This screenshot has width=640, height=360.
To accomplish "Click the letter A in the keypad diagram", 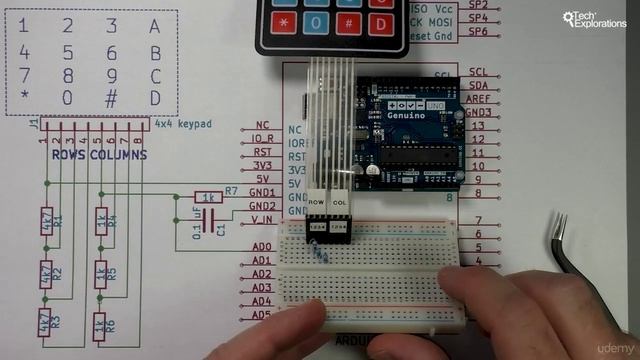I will [154, 26].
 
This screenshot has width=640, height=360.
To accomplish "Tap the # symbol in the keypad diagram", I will [111, 98].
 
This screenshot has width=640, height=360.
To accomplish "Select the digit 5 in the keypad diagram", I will [67, 53].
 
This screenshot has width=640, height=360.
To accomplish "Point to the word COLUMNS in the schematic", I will [118, 155].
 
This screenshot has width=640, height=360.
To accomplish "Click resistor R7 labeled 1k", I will [208, 197].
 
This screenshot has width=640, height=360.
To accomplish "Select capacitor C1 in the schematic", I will [208, 226].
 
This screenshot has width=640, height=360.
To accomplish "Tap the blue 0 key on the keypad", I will [319, 21].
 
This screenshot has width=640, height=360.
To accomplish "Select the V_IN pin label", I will [261, 218].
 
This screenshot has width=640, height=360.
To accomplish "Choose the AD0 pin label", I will [262, 246].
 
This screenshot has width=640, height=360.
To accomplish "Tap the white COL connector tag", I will [340, 203].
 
